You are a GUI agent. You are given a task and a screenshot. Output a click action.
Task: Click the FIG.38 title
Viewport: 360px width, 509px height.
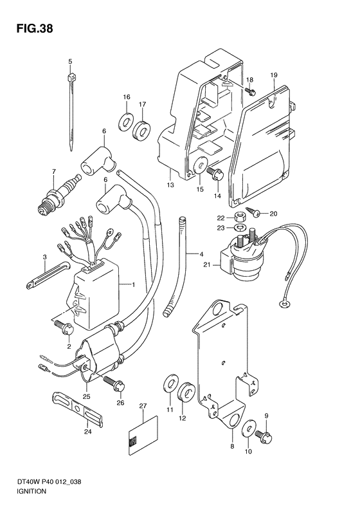34,29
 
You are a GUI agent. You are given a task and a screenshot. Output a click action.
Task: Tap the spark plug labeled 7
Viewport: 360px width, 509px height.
59,195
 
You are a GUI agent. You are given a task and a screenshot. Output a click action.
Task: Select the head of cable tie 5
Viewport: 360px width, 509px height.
71,78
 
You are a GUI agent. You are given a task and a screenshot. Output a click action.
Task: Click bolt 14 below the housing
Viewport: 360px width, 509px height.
215,175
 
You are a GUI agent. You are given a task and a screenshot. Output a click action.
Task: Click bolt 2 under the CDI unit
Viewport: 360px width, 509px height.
65,328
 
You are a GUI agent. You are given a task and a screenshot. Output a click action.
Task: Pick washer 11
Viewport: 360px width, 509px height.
170,384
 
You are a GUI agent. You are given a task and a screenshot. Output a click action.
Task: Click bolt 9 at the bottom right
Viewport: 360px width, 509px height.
264,436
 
